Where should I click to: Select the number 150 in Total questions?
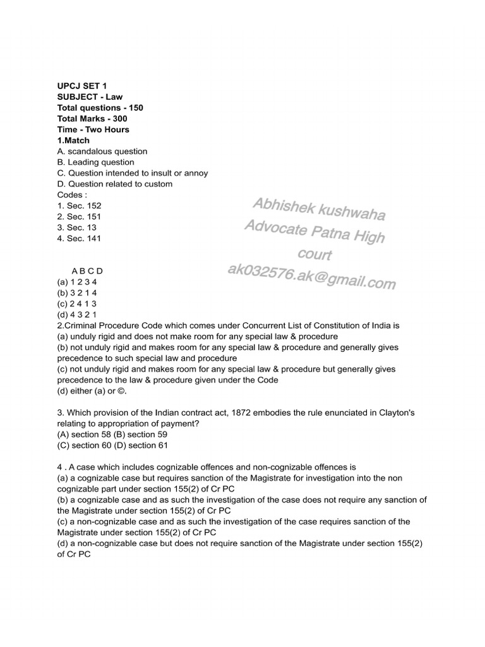pyautogui.click(x=136, y=108)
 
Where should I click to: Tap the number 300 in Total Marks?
pyautogui.click(x=120, y=119)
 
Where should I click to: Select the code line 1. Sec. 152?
pyautogui.click(x=79, y=206)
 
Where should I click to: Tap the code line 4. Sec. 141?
pyautogui.click(x=79, y=238)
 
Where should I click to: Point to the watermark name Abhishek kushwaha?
pyautogui.click(x=318, y=209)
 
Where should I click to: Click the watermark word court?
pyautogui.click(x=314, y=255)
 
